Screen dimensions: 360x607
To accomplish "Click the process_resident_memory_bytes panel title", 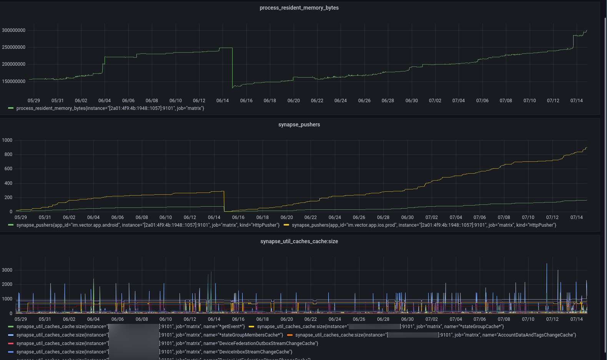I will click(299, 8).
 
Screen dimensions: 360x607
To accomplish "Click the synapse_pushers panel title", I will click(299, 124).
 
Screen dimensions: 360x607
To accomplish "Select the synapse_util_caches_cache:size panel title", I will click(299, 241).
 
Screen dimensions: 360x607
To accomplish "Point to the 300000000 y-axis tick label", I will click(14, 30).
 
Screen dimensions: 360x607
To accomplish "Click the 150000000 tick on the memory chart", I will click(14, 81).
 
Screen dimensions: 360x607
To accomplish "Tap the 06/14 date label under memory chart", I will click(223, 101).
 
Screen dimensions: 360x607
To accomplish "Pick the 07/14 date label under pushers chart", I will click(576, 217).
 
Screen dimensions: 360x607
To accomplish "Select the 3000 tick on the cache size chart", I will click(7, 270).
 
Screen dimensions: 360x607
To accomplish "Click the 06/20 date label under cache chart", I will click(286, 319).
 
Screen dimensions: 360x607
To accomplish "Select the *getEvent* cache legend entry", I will click(131, 327).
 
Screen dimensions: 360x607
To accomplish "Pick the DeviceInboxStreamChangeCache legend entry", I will click(154, 352).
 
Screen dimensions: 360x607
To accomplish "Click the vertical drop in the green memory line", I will click(232, 67).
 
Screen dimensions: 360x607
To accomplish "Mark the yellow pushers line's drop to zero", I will click(224, 202).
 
